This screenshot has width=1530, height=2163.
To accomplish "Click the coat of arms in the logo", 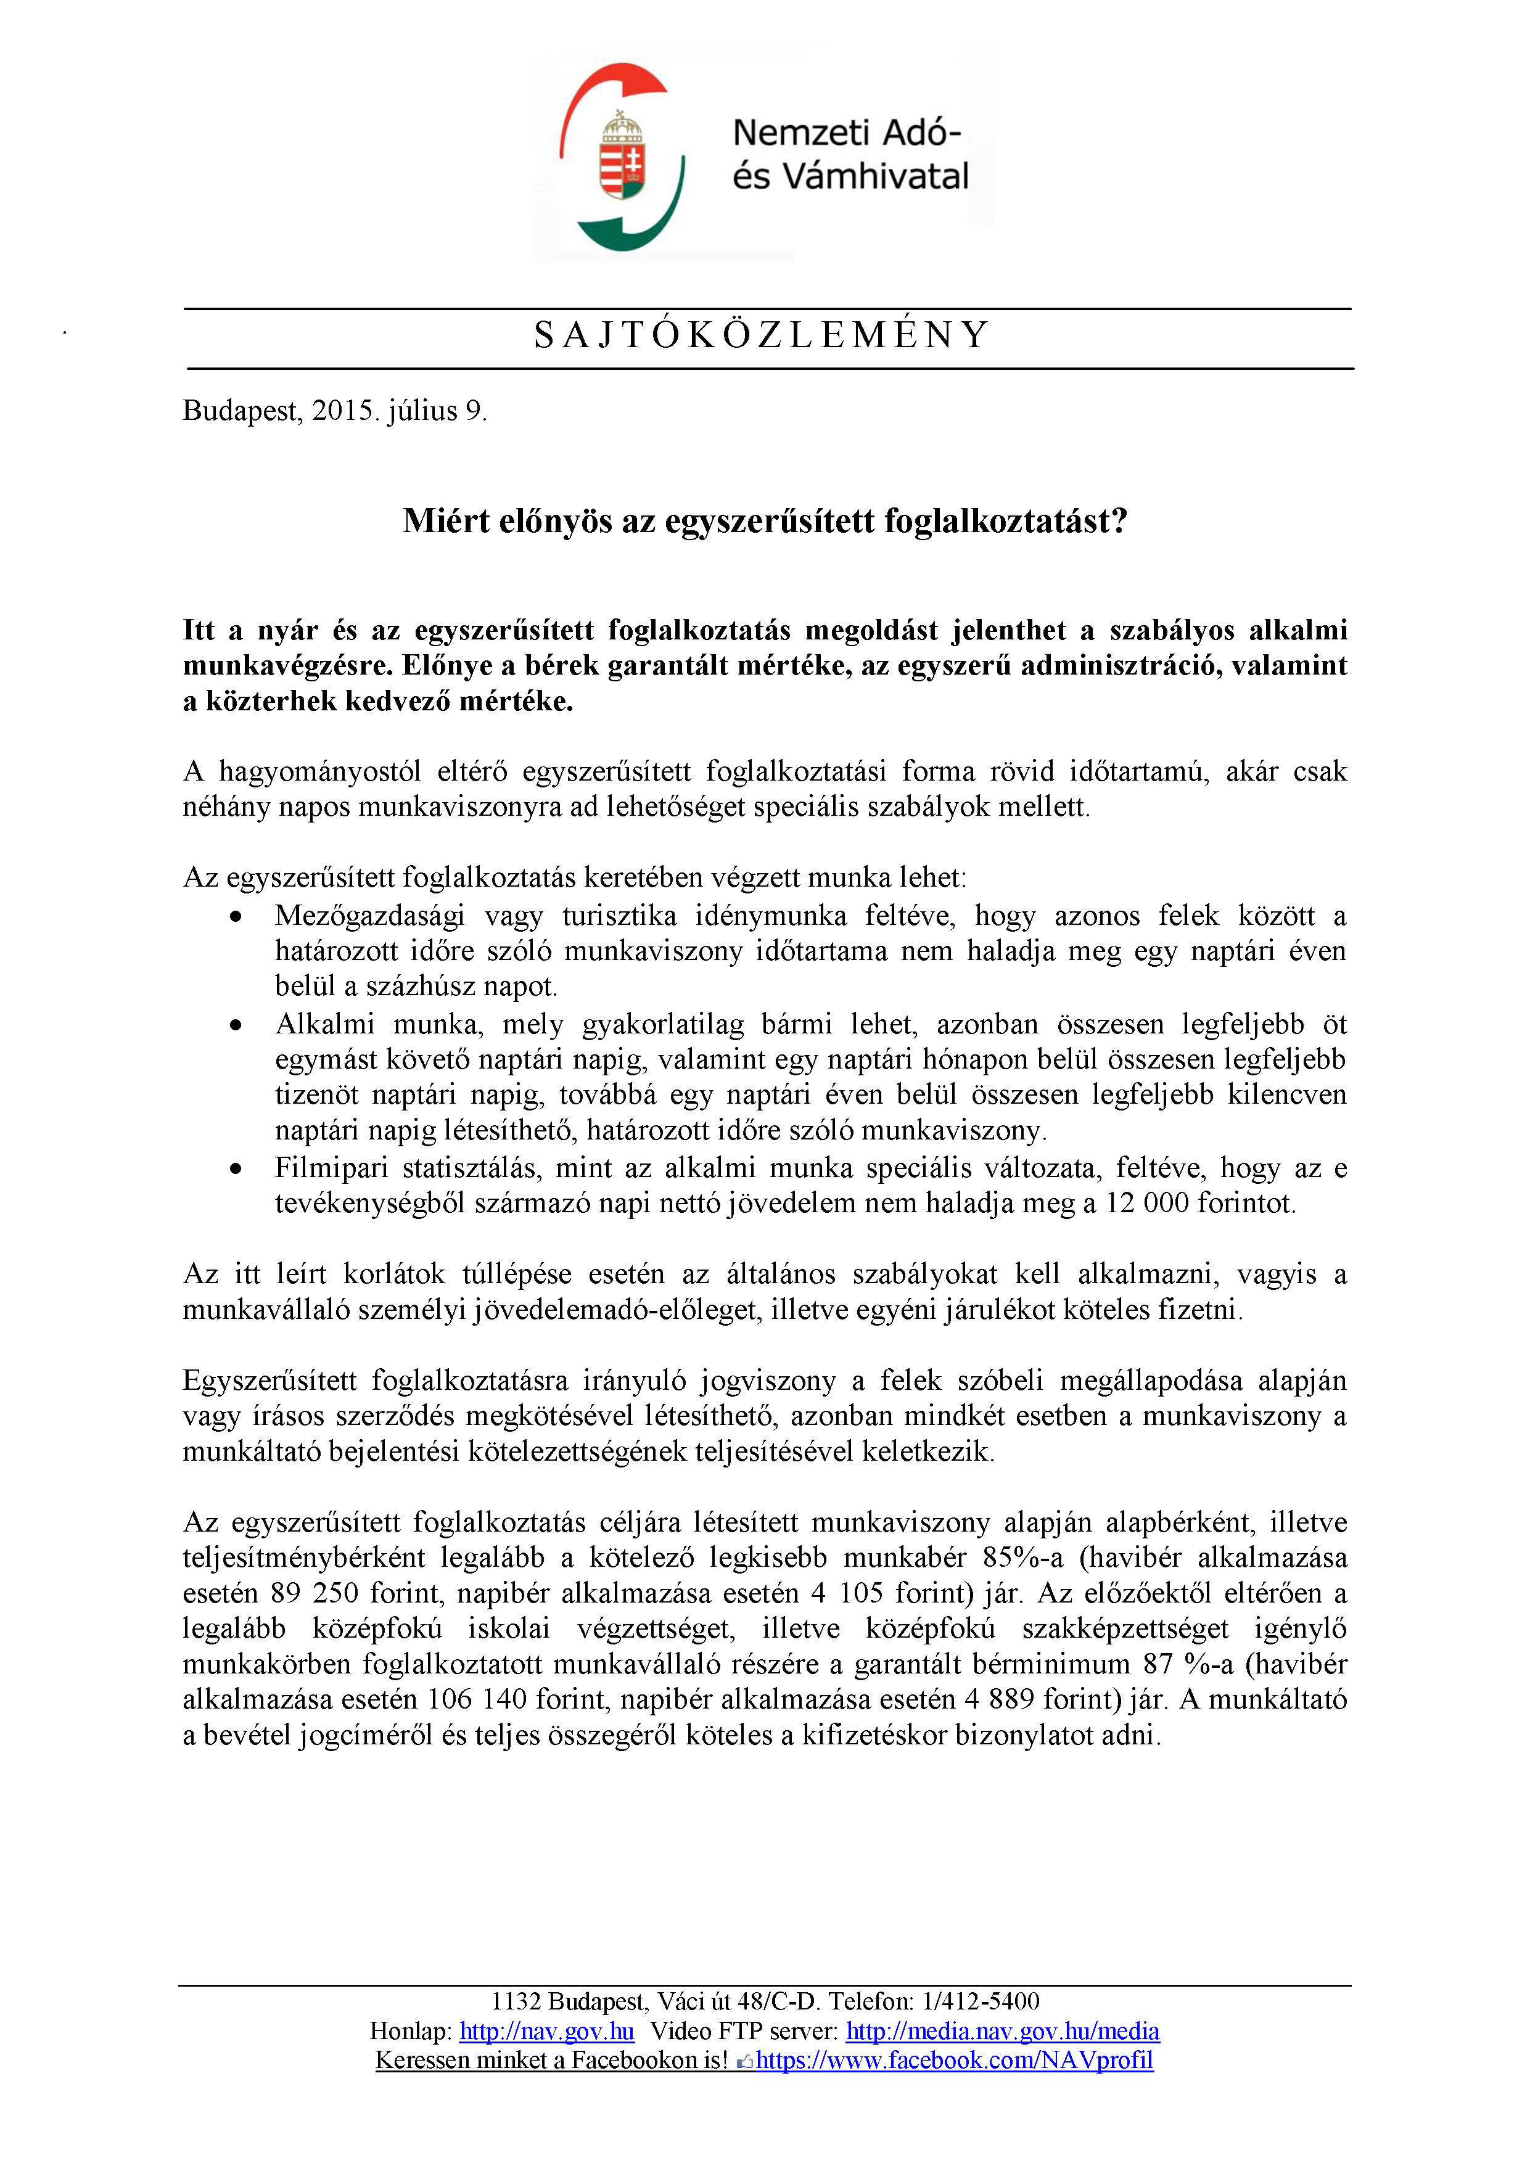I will pyautogui.click(x=621, y=157).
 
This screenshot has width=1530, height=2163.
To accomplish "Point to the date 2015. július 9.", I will pyautogui.click(x=400, y=411).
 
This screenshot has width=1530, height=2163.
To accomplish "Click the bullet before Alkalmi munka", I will pyautogui.click(x=236, y=1025).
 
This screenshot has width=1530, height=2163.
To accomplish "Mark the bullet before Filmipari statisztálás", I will pyautogui.click(x=236, y=1169).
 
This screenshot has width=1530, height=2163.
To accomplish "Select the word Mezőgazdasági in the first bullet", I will pyautogui.click(x=369, y=917).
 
